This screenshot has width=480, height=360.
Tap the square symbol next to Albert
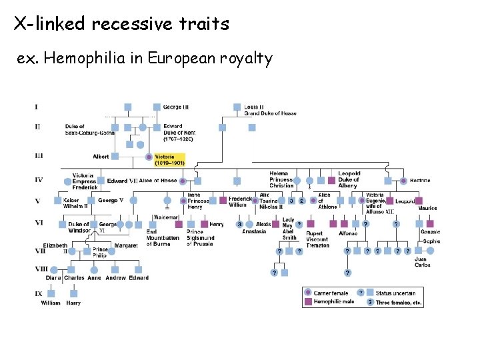pyautogui.click(x=115, y=157)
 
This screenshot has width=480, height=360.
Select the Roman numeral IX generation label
pyautogui.click(x=39, y=291)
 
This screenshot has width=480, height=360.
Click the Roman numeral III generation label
pyautogui.click(x=39, y=156)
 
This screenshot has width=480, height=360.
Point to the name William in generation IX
pyautogui.click(x=51, y=303)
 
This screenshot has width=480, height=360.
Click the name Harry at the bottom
pyautogui.click(x=73, y=303)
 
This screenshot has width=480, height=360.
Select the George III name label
pyautogui.click(x=176, y=107)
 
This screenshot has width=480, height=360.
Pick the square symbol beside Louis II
pyautogui.click(x=237, y=107)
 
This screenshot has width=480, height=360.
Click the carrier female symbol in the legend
pyautogui.click(x=307, y=292)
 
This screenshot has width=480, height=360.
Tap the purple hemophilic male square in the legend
pyautogui.click(x=307, y=301)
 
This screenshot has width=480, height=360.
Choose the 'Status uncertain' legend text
pyautogui.click(x=395, y=293)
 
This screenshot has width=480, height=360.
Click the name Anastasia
pyautogui.click(x=254, y=231)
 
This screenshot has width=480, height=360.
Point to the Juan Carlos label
pyautogui.click(x=422, y=262)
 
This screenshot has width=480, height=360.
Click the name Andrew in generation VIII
pyautogui.click(x=115, y=278)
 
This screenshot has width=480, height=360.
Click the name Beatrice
pyautogui.click(x=420, y=181)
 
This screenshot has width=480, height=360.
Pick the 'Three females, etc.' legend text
pyautogui.click(x=399, y=302)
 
